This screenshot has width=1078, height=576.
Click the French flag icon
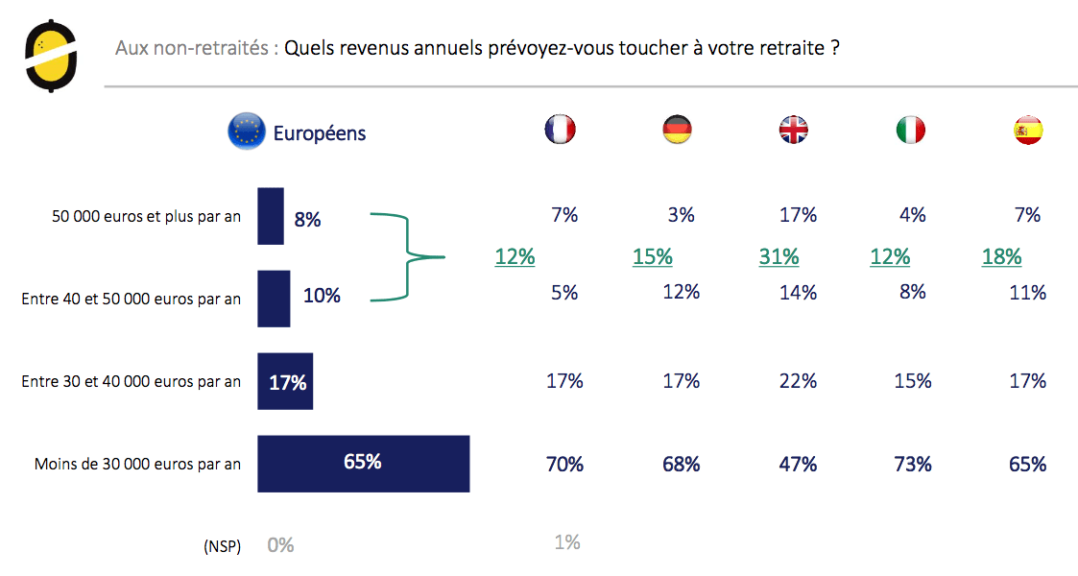tap(560, 130)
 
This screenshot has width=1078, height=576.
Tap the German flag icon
tap(678, 130)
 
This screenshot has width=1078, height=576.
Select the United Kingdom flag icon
tap(794, 130)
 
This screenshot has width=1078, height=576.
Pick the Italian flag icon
tap(911, 130)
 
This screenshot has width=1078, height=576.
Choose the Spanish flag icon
tap(1028, 130)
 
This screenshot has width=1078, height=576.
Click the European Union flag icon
tap(246, 132)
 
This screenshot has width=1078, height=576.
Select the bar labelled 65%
tap(363, 463)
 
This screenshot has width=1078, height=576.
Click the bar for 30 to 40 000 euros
tap(285, 381)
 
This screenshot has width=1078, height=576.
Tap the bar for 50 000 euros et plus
tap(271, 217)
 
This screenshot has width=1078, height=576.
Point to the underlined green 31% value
tap(779, 256)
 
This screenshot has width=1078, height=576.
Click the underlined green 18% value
tap(1001, 256)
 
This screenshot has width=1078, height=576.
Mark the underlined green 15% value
tap(652, 256)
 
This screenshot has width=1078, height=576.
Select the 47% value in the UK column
tap(798, 465)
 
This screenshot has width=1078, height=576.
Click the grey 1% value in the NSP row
tap(567, 542)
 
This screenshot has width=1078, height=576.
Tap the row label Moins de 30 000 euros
tap(137, 464)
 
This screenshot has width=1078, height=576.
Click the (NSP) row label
tap(222, 545)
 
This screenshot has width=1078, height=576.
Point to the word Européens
tap(320, 132)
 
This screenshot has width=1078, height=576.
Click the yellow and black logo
tap(50, 57)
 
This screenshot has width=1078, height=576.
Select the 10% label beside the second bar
tap(322, 296)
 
